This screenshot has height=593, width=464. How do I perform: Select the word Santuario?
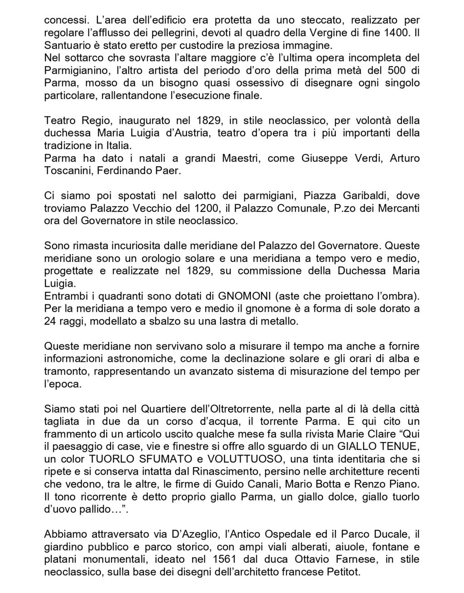point(66,46)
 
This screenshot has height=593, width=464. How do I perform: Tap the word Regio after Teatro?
point(95,121)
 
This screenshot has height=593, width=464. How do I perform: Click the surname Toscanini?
point(67,171)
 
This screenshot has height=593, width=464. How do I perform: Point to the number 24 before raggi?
point(50,321)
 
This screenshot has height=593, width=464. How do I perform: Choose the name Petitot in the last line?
point(342,572)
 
